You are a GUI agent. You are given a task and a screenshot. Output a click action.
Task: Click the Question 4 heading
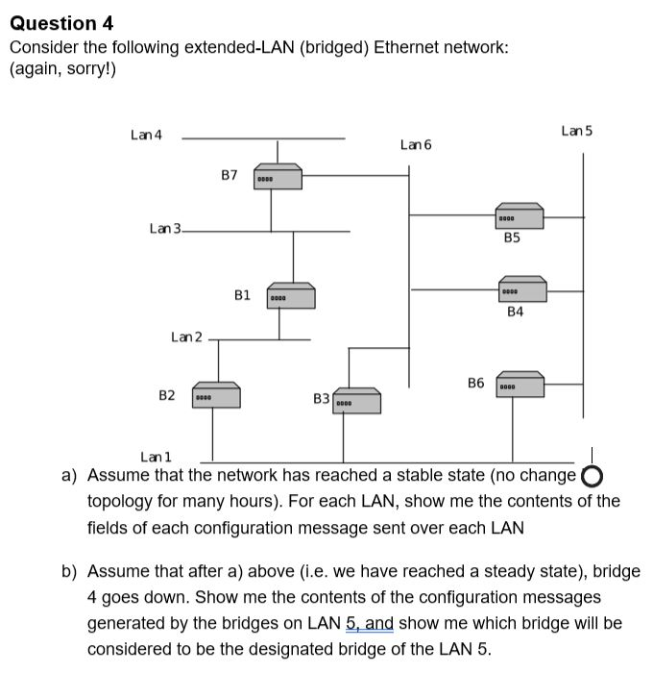(61, 22)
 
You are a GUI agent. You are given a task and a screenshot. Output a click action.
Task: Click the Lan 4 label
(146, 135)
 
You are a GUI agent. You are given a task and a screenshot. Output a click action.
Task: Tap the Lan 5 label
(577, 130)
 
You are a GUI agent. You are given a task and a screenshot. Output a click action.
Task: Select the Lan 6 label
(416, 144)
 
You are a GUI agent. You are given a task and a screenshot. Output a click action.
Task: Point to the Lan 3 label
(164, 228)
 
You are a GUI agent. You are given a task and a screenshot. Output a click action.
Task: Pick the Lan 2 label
(186, 336)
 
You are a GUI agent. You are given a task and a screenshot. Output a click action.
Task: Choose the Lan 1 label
(156, 457)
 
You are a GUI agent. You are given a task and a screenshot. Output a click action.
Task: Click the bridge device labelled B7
(278, 178)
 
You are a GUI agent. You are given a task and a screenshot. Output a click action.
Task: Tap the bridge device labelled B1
(291, 296)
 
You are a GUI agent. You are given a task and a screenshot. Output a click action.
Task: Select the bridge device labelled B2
(216, 395)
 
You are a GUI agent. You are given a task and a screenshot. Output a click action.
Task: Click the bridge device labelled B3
(356, 401)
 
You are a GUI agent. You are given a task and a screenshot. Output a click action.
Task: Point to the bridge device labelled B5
(520, 217)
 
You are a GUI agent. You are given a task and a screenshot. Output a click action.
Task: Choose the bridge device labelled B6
(520, 385)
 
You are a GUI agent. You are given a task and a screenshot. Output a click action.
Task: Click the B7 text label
(229, 175)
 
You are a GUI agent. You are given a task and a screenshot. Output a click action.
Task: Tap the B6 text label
(476, 383)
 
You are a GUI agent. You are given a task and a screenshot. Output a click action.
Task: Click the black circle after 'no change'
(593, 477)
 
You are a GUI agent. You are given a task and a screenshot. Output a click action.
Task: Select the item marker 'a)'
(69, 475)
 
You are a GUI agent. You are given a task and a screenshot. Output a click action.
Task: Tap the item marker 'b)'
(69, 571)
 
